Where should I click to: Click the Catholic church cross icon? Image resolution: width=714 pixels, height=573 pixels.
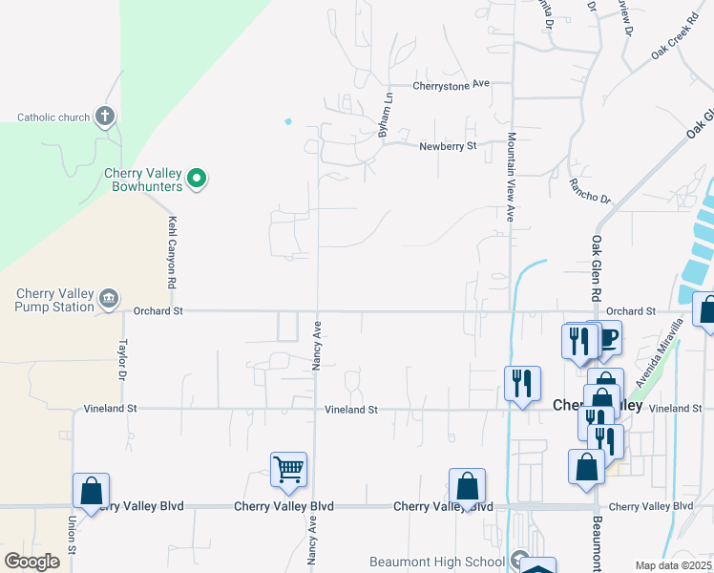point(105,117)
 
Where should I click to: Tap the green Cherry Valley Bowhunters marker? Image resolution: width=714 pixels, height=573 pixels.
point(197,178)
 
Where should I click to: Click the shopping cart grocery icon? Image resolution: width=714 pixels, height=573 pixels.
point(288,469)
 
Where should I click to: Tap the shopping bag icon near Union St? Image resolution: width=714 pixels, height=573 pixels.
point(91,490)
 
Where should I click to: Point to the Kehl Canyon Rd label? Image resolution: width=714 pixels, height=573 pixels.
point(173,253)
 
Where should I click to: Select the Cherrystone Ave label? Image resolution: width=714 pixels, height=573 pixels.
point(451,84)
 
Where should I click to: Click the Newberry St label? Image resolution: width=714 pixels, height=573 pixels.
point(448,146)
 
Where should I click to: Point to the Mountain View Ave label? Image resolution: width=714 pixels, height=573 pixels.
point(511,178)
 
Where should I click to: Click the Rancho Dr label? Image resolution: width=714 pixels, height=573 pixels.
point(588,190)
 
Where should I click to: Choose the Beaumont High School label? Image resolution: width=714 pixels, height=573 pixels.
point(437,562)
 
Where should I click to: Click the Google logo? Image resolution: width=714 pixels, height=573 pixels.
point(31,562)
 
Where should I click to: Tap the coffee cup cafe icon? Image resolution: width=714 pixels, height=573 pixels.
point(608,337)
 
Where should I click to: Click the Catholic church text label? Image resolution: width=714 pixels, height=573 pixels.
point(53,118)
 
